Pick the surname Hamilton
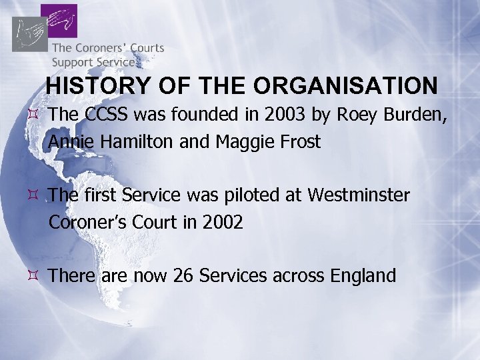coord(134,142)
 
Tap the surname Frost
coord(298,142)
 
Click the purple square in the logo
coord(59,21)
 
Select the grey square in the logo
coord(29,33)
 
